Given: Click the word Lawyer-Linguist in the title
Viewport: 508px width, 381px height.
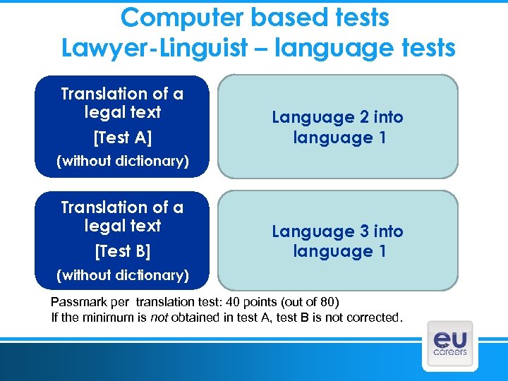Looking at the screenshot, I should pos(154,48).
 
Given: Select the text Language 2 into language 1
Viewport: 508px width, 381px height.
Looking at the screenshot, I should pos(337,127).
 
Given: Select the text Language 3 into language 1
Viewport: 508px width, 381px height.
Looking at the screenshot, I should pos(337,241).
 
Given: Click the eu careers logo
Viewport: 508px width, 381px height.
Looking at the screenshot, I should pos(449,343).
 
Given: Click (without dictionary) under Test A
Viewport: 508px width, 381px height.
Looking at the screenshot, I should pos(122,161).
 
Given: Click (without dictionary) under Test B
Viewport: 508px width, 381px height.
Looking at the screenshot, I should pos(122,275).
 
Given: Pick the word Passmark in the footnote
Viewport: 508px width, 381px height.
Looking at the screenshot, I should pos(75,301).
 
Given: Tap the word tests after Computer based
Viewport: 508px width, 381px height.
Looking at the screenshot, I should pos(353,18).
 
